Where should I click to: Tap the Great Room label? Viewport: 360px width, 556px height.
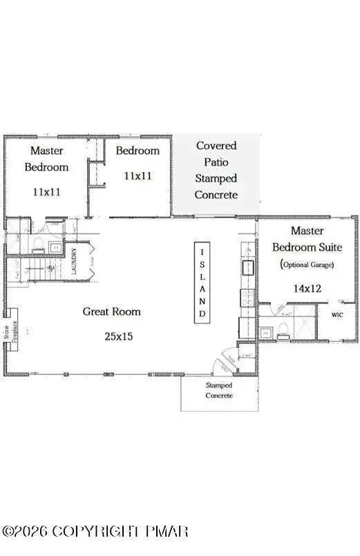[x=111, y=311]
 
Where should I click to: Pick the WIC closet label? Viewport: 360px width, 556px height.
[x=337, y=315]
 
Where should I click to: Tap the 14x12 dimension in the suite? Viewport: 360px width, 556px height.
[x=308, y=288]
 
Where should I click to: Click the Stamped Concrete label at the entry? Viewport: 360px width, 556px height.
[x=219, y=390]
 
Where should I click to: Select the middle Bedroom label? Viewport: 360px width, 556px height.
[x=138, y=151]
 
